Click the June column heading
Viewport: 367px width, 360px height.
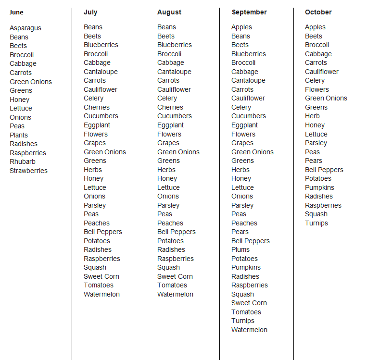click(16, 12)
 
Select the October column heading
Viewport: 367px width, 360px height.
click(318, 12)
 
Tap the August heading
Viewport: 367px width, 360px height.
click(169, 12)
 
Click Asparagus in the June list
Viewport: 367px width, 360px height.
click(25, 28)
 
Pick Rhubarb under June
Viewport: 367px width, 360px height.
click(23, 161)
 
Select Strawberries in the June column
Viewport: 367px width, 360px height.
click(28, 171)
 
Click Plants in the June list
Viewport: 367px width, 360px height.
click(19, 135)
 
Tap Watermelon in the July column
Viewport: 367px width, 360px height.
click(101, 294)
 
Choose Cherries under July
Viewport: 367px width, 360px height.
click(97, 107)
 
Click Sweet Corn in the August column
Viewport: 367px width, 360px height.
click(175, 276)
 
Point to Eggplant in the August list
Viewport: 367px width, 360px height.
click(170, 125)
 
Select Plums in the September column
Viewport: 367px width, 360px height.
click(240, 249)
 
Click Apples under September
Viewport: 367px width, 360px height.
click(241, 27)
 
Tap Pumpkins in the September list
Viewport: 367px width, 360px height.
click(246, 267)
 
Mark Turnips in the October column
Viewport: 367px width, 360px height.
click(316, 223)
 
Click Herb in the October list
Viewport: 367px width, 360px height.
click(312, 116)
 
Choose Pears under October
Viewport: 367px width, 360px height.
click(314, 161)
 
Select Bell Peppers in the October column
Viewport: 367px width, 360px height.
click(324, 170)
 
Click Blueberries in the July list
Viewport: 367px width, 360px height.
click(101, 45)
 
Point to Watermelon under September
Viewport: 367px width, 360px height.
click(249, 330)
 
